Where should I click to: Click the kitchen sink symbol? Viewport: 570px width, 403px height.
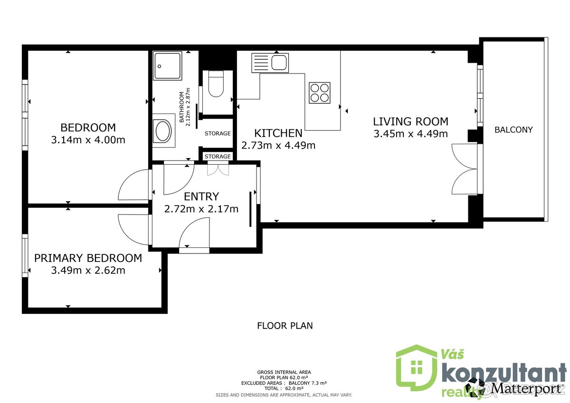[x=270, y=63]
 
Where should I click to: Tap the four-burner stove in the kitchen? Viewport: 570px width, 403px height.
[x=320, y=93]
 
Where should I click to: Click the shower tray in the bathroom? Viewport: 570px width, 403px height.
[x=168, y=66]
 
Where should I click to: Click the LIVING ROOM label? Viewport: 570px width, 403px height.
[x=410, y=122]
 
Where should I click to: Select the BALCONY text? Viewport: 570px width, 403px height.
[x=513, y=130]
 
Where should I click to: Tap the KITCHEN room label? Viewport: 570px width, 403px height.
[x=278, y=133]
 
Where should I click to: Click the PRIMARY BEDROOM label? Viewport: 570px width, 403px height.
[x=88, y=258]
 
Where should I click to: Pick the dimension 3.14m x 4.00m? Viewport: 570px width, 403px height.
[x=88, y=140]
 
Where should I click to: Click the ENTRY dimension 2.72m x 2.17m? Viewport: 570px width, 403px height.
[x=201, y=208]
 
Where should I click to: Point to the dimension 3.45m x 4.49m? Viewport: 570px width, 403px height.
[x=410, y=134]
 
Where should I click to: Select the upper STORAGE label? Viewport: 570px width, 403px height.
[x=218, y=133]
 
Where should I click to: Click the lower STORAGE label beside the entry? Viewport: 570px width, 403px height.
[x=218, y=156]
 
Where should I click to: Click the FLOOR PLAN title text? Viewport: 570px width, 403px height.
[x=285, y=326]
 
